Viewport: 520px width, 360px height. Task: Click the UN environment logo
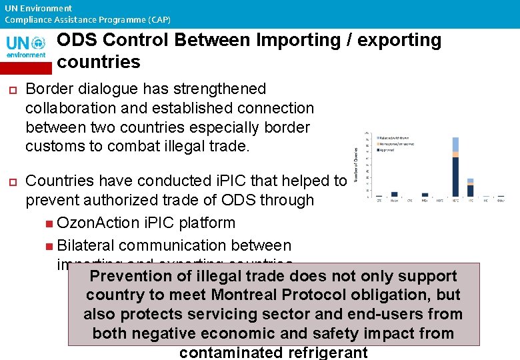(x=27, y=47)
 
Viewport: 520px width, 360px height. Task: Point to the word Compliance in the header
(x=27, y=20)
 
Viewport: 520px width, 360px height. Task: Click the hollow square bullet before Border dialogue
(x=11, y=89)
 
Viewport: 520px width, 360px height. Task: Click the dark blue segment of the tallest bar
(x=456, y=177)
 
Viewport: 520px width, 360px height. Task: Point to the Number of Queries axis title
(x=357, y=165)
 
